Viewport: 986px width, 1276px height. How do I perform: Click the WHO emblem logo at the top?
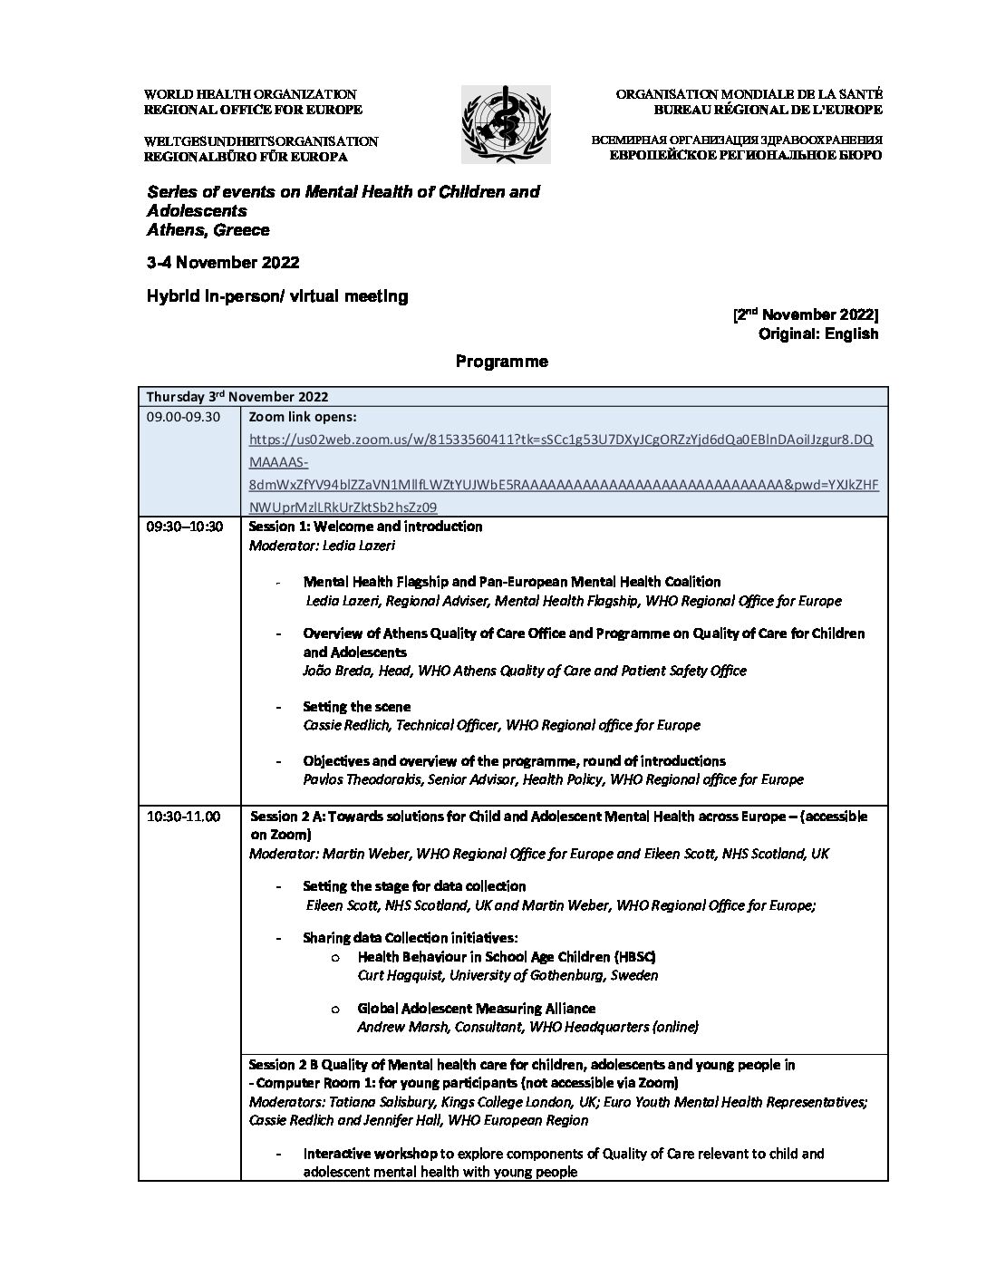(505, 124)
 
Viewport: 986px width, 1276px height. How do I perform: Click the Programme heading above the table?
(501, 362)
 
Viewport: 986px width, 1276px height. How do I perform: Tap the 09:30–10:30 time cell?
(185, 527)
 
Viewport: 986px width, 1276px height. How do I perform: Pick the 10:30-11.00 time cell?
(183, 817)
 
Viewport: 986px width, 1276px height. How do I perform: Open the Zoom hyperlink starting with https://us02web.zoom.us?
(561, 440)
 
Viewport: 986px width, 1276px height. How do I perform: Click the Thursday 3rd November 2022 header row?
(237, 397)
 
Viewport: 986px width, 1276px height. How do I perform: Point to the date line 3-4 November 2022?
(223, 263)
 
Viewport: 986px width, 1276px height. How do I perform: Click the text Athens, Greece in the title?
(208, 230)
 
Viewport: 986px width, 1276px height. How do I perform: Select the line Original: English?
(817, 333)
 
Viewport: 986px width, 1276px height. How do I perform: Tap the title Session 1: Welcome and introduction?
(365, 527)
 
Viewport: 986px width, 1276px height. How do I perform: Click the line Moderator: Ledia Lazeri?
(322, 546)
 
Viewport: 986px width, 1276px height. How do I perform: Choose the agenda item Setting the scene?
(356, 707)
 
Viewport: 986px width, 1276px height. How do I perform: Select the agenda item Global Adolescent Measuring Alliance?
(476, 1008)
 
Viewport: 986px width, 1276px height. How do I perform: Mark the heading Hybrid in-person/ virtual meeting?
(277, 296)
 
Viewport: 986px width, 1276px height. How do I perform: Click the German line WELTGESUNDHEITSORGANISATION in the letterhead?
(261, 141)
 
